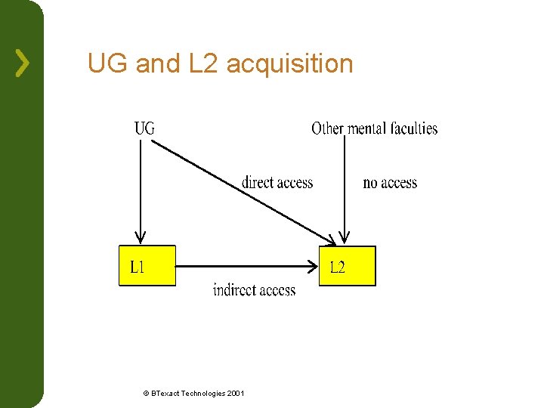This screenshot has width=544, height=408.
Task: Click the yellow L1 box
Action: pyautogui.click(x=147, y=266)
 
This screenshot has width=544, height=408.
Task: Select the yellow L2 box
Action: pyautogui.click(x=347, y=266)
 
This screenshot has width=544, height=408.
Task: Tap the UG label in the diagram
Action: pyautogui.click(x=144, y=128)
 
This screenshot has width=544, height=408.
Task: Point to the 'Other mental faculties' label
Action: pyautogui.click(x=374, y=128)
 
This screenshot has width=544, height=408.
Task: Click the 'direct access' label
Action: pyautogui.click(x=277, y=182)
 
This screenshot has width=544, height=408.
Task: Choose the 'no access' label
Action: pyautogui.click(x=390, y=182)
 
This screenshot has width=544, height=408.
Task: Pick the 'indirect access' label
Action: pyautogui.click(x=254, y=289)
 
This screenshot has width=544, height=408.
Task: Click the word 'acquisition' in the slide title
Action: pyautogui.click(x=289, y=63)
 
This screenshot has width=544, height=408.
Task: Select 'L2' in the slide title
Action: pyautogui.click(x=202, y=63)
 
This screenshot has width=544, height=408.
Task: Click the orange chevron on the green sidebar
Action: pyautogui.click(x=23, y=63)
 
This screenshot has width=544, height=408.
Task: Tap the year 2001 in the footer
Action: pyautogui.click(x=235, y=393)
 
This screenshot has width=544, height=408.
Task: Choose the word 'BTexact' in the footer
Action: pyautogui.click(x=166, y=393)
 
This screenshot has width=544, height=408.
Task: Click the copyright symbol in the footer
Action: pyautogui.click(x=146, y=393)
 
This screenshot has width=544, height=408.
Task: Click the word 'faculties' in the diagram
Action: pyautogui.click(x=413, y=128)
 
